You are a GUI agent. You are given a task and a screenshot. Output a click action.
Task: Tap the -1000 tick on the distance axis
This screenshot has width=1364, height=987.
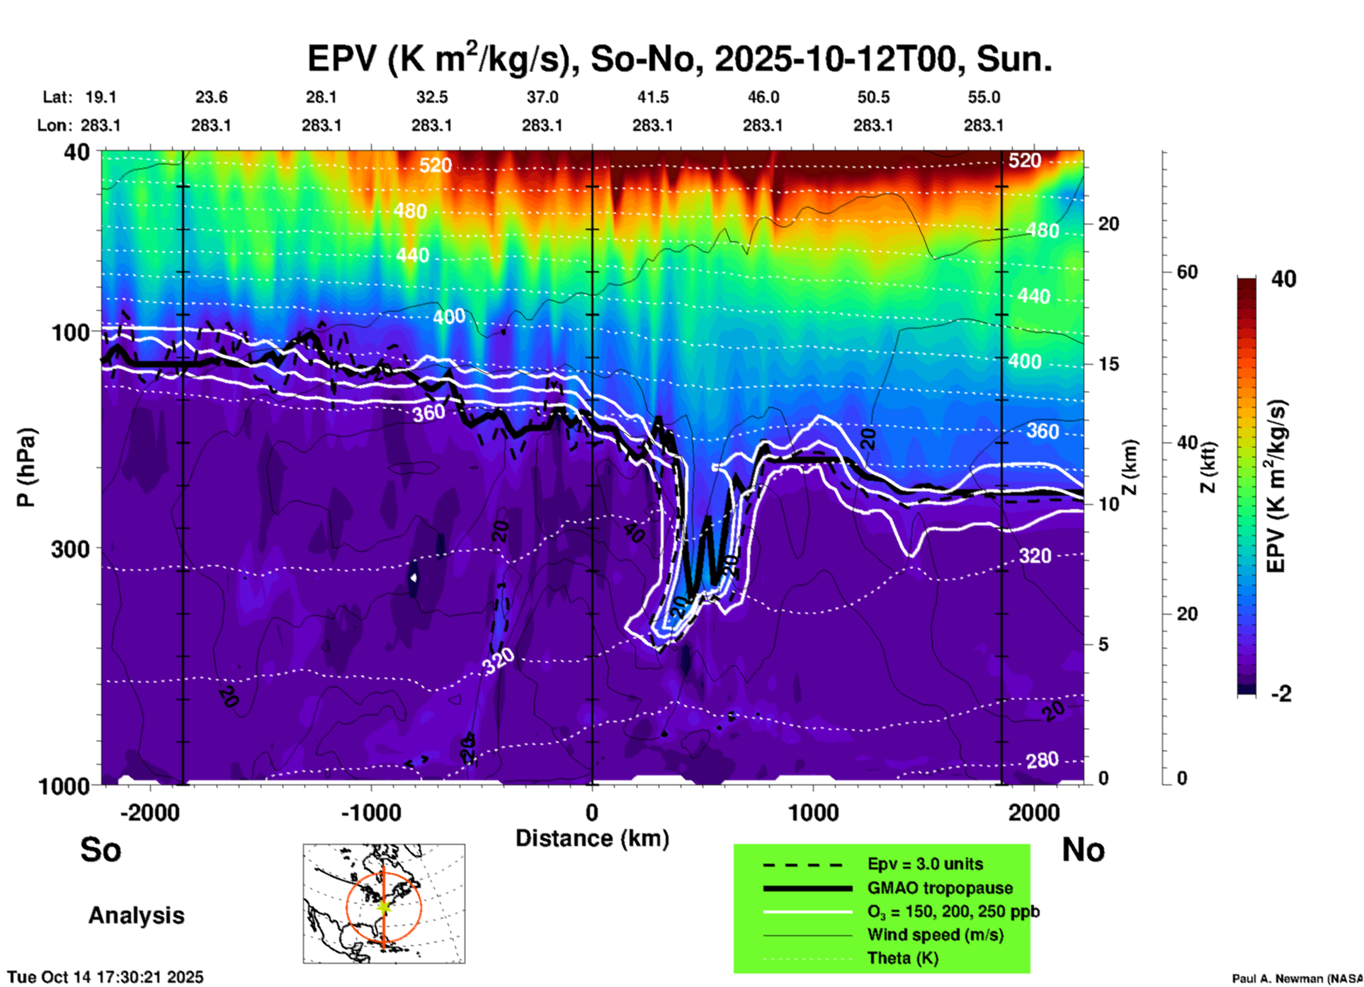371,812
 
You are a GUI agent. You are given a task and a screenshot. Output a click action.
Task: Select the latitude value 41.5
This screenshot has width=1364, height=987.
652,97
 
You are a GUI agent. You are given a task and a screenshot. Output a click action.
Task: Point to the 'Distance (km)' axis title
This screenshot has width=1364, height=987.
592,838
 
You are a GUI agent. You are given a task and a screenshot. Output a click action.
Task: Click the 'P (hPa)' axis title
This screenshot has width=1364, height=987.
26,467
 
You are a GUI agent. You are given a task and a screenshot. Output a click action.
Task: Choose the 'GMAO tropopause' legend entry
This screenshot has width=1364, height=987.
939,888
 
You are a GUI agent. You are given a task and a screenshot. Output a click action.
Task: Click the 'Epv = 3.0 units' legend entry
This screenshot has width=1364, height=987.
924,864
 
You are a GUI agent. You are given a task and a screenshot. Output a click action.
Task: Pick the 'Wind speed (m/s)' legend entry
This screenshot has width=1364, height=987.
935,935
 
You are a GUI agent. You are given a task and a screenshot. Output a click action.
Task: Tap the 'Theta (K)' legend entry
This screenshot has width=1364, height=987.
902,958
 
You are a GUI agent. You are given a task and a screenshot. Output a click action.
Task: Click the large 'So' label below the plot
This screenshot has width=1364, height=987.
101,850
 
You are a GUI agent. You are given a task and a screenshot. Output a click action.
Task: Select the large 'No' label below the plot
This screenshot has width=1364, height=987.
1083,850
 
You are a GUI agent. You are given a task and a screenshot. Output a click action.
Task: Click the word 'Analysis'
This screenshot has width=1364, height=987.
136,915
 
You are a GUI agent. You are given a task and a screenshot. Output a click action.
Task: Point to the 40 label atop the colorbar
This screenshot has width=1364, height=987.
1283,279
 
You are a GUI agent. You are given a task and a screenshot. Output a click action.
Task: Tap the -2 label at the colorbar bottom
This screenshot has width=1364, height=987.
1281,694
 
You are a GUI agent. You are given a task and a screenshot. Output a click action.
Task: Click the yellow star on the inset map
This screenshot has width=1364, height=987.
384,906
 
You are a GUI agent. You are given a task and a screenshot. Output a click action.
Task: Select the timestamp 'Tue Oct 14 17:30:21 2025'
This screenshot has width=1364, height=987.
105,977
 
